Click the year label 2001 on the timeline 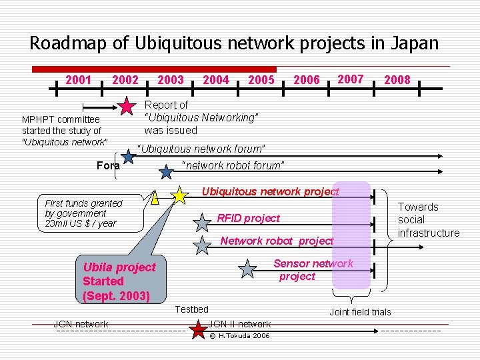pos(78,80)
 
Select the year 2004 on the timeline pos(215,80)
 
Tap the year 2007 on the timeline pos(351,79)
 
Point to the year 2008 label pos(397,80)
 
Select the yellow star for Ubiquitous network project pos(179,195)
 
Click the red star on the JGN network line pos(198,329)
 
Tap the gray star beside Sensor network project pos(247,269)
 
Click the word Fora pos(108,165)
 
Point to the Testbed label pos(191,309)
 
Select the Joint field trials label pos(360,312)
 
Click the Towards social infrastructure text pos(428,220)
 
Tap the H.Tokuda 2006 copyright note pos(239,335)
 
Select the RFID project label pos(249,218)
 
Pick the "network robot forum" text pos(233,165)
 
